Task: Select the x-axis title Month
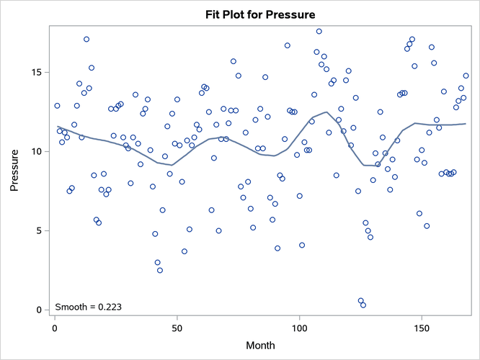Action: [260, 346]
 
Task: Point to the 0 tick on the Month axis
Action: [55, 328]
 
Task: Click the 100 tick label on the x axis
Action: [299, 328]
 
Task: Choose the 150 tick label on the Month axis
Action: [421, 328]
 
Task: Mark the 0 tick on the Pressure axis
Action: [40, 310]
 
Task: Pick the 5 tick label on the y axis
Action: [40, 231]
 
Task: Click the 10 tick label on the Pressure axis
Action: [37, 152]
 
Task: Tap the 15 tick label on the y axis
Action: [37, 73]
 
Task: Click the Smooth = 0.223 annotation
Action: [88, 307]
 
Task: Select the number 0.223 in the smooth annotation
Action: [107, 307]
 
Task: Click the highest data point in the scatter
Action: [319, 32]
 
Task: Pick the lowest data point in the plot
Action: [363, 305]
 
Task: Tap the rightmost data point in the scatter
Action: [466, 76]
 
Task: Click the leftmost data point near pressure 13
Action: [57, 106]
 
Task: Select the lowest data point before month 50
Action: [160, 271]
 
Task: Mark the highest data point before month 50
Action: [86, 40]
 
